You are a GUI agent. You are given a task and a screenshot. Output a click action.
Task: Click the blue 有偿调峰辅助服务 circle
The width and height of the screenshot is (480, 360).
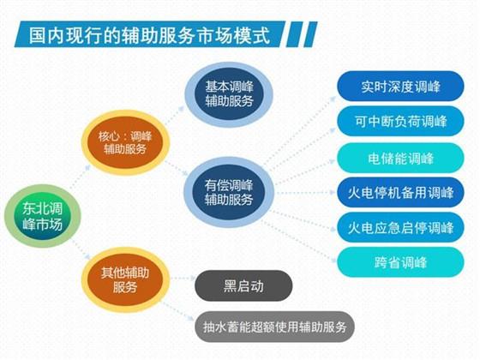coord(229,190)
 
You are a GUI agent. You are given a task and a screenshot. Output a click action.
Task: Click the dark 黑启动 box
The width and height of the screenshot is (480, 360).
coord(243,285)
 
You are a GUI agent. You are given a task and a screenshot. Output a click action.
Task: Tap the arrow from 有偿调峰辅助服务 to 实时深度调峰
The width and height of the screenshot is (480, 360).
coord(297,132)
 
